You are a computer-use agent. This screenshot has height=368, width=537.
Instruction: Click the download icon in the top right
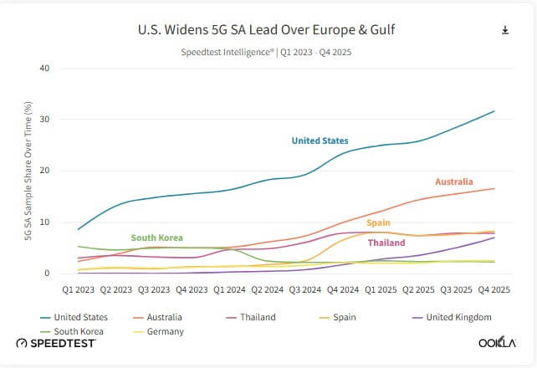click(505, 30)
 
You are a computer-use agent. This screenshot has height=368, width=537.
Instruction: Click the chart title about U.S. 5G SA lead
click(266, 30)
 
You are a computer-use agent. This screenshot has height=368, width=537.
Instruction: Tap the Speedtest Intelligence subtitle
click(266, 51)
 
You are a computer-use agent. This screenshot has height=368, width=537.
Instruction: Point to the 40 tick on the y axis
click(45, 68)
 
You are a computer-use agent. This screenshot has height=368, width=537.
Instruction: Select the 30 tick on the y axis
click(45, 120)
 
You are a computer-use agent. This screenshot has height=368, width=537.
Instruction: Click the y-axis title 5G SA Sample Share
click(28, 171)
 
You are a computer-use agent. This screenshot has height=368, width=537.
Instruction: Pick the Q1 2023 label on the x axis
click(78, 289)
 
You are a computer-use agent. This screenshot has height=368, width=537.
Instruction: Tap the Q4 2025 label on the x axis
click(494, 289)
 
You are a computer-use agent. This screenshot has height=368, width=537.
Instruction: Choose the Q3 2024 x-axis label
click(304, 289)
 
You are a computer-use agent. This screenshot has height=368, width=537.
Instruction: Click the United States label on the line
click(320, 141)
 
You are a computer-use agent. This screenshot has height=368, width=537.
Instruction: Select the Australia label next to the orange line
click(454, 181)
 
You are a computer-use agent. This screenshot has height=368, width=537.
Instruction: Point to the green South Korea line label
click(156, 238)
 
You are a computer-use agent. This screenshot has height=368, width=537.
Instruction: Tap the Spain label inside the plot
click(378, 223)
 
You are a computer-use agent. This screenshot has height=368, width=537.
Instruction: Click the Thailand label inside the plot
click(386, 243)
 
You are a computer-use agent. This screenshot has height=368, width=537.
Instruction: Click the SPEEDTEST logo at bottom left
click(57, 343)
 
